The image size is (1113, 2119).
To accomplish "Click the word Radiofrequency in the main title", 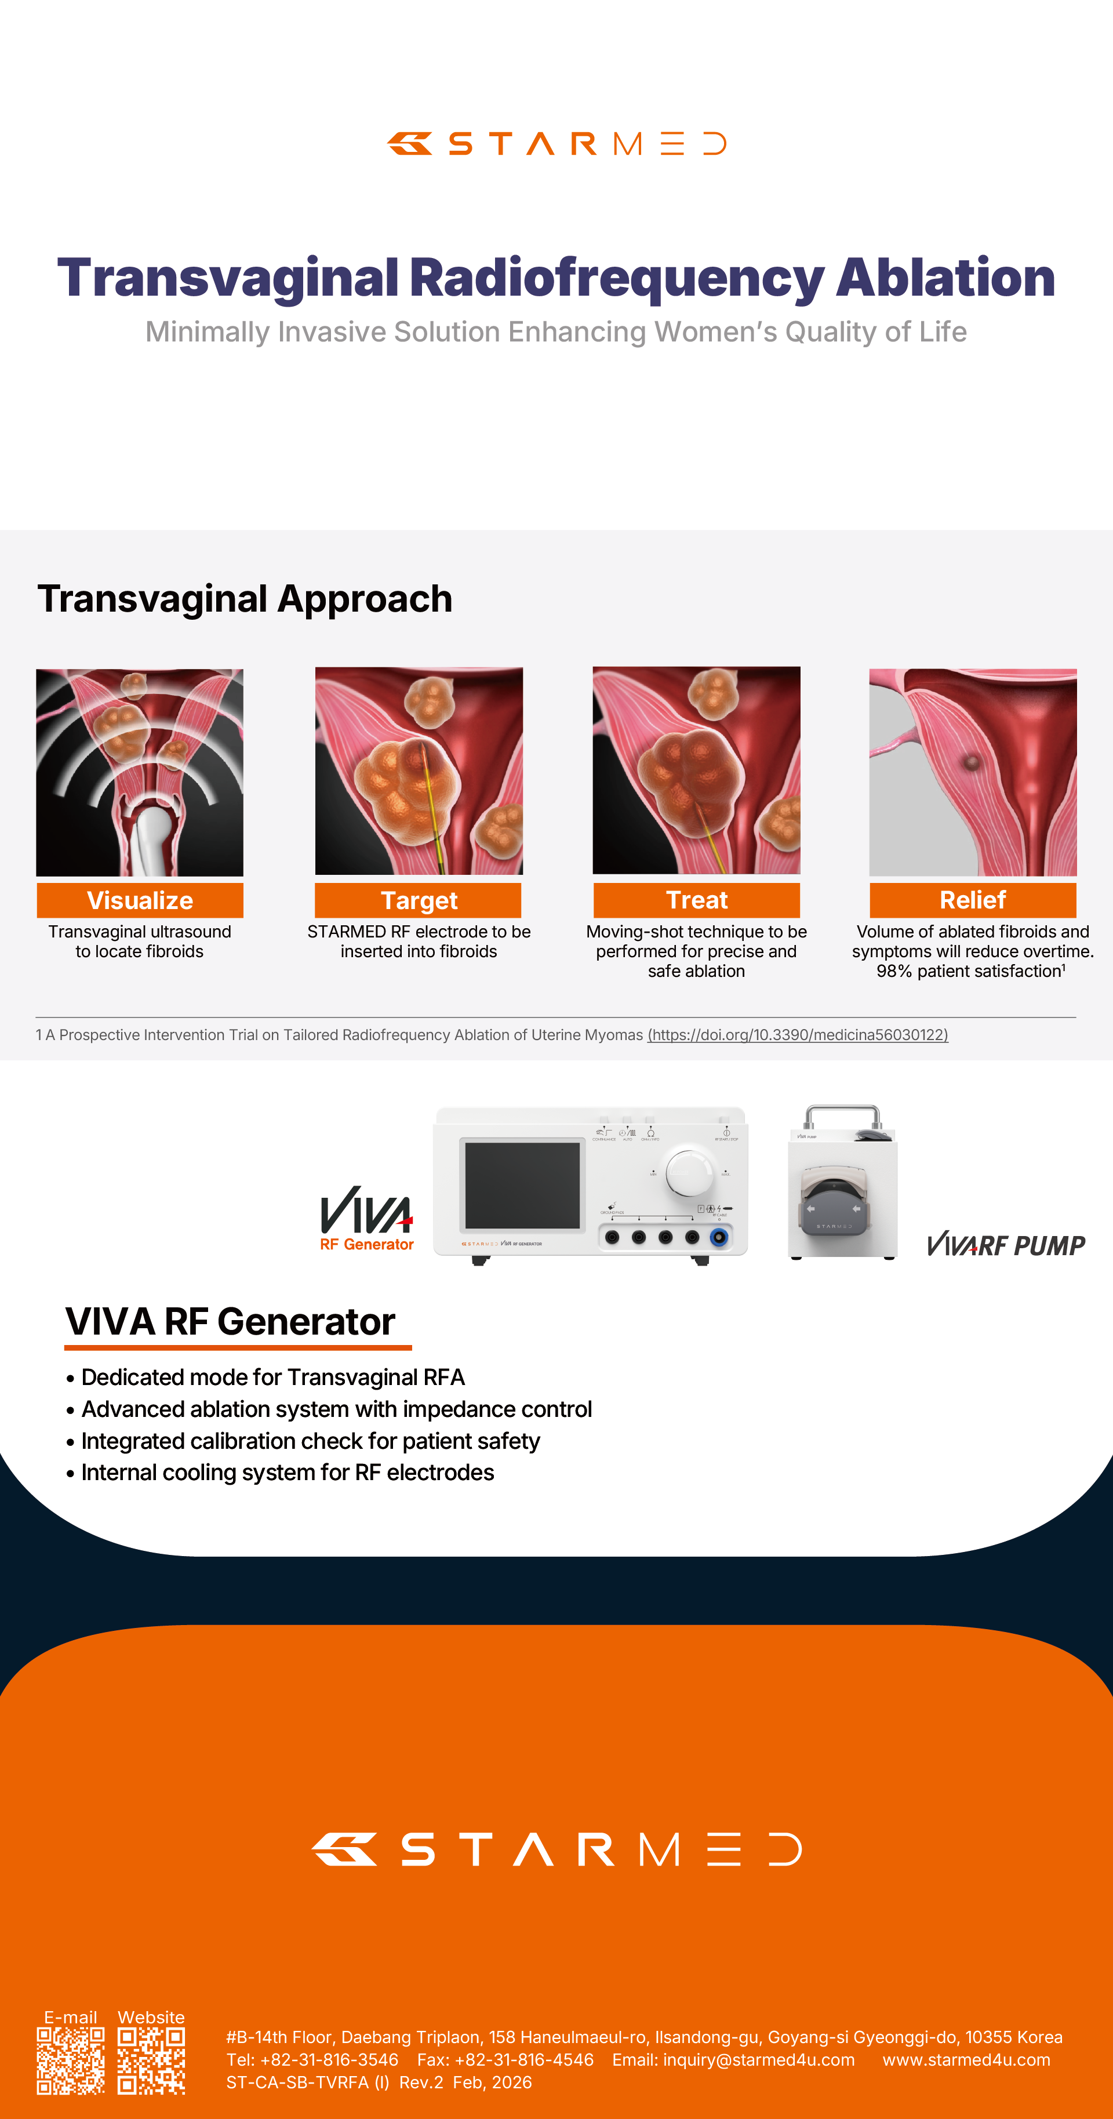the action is coord(617,278).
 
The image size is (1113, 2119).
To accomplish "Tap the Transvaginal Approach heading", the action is coord(245,599).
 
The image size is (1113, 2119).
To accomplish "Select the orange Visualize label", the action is coord(140,900).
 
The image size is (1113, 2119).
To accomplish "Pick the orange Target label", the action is coord(419,900).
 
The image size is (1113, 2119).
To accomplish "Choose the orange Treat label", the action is coord(697,900).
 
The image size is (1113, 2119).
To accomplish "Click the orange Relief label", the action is coord(973,900).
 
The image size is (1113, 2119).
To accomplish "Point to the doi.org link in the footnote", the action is coord(798,1035).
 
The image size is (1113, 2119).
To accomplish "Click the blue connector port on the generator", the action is coord(719,1237).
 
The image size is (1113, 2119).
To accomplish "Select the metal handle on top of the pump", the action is coord(842,1115).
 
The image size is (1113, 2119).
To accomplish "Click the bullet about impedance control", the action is coord(329,1409).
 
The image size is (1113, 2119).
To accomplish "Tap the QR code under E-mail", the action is coord(71,2060).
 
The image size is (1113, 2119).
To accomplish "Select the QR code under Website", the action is coord(151,2060).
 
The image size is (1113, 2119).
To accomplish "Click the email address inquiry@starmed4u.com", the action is coord(758,2060).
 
